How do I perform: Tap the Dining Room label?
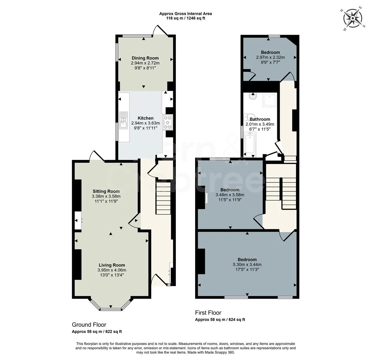click(145, 58)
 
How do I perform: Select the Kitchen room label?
click(145, 118)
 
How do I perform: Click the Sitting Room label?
click(106, 191)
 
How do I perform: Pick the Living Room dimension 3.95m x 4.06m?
click(112, 270)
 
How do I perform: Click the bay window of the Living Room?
click(111, 306)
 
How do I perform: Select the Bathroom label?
click(260, 119)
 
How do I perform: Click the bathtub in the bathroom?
click(250, 143)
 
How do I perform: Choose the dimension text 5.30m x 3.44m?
click(247, 265)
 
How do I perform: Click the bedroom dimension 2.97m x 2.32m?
click(270, 57)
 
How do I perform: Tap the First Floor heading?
click(208, 313)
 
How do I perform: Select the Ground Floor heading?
click(89, 325)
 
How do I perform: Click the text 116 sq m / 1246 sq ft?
click(185, 18)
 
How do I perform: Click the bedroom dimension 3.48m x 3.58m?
click(230, 195)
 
